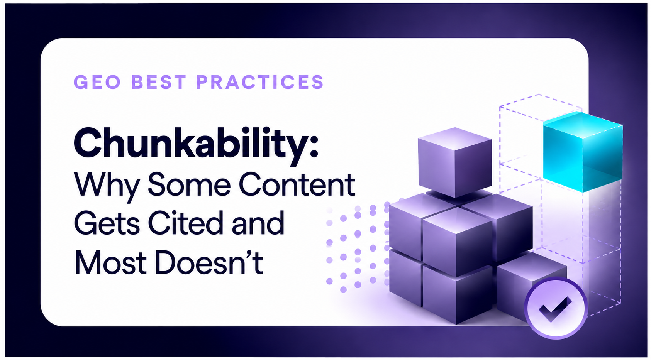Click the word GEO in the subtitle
97,82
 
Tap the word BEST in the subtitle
159,82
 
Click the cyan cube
583,152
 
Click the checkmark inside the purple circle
555,309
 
